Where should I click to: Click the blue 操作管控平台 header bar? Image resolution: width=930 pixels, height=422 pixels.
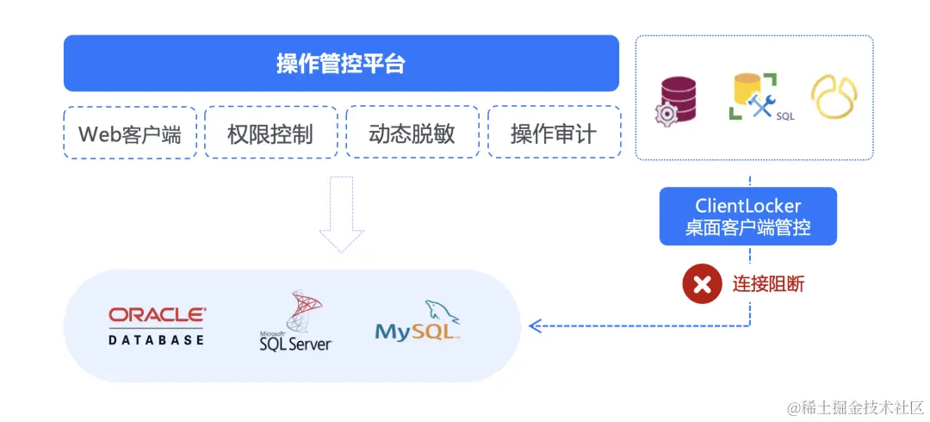pyautogui.click(x=341, y=63)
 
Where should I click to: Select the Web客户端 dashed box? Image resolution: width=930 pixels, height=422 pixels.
pyautogui.click(x=130, y=133)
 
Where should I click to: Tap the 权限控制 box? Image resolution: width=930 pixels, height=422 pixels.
pyautogui.click(x=270, y=133)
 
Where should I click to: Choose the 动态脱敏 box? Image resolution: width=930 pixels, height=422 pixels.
pyautogui.click(x=412, y=133)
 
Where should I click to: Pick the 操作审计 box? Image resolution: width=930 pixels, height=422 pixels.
pyautogui.click(x=554, y=133)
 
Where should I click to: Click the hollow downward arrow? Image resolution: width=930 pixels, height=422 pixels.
pyautogui.click(x=342, y=214)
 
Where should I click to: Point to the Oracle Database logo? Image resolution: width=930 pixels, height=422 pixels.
pyautogui.click(x=157, y=325)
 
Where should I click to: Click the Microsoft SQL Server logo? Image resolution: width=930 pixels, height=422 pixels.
pyautogui.click(x=295, y=322)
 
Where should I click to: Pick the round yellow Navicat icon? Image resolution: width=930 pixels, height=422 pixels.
pyautogui.click(x=834, y=96)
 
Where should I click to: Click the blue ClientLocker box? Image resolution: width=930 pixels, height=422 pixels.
pyautogui.click(x=748, y=216)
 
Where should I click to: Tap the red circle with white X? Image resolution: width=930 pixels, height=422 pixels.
pyautogui.click(x=702, y=283)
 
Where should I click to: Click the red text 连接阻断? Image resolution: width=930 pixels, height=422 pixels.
pyautogui.click(x=769, y=283)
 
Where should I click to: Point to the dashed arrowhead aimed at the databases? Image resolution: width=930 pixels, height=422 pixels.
pyautogui.click(x=534, y=326)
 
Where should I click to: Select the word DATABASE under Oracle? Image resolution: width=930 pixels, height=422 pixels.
pyautogui.click(x=157, y=339)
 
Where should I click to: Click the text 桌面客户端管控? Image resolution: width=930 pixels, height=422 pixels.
pyautogui.click(x=748, y=228)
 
